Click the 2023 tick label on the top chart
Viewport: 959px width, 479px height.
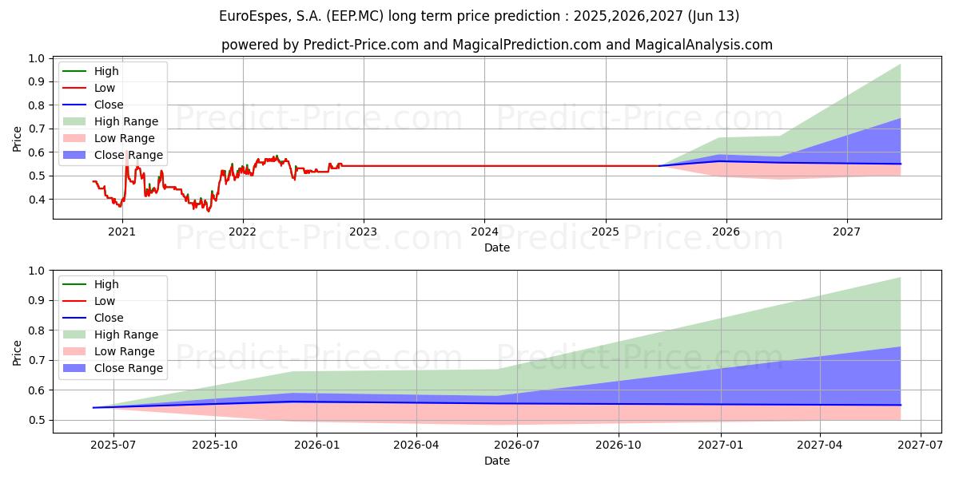click(364, 232)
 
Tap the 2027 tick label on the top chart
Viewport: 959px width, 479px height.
click(847, 232)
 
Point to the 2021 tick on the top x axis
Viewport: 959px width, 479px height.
click(121, 232)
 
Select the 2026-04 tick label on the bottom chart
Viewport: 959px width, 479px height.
click(416, 445)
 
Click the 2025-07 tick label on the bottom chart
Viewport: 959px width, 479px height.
click(113, 445)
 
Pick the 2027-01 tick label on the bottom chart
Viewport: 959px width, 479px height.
click(721, 445)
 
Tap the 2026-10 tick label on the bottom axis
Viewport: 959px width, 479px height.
click(619, 445)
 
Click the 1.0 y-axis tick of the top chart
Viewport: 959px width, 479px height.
click(36, 58)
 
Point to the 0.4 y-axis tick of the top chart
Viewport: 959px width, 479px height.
click(36, 200)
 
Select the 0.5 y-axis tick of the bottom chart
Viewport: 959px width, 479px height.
click(36, 420)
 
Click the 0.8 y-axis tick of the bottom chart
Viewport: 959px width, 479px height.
click(36, 331)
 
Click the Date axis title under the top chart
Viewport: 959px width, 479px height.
click(497, 247)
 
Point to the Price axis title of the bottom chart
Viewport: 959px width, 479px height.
click(18, 351)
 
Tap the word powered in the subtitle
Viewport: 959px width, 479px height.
click(246, 45)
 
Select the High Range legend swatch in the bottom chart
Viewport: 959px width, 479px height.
click(74, 335)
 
